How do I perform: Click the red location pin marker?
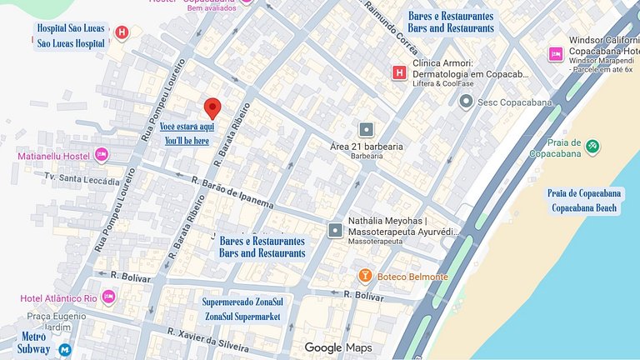212,108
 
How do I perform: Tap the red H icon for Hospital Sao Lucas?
122,32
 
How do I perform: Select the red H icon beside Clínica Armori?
399,73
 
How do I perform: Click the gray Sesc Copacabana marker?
466,102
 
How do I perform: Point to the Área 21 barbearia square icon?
366,130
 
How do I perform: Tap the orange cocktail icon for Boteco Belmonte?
364,276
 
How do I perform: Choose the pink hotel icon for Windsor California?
556,54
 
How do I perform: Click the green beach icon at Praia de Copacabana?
592,146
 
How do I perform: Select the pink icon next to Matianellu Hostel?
102,155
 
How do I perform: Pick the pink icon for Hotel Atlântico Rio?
109,297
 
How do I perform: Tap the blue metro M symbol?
65,351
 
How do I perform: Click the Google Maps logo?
337,347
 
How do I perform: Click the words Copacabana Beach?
585,207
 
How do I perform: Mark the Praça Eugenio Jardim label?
57,322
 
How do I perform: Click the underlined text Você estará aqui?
187,127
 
